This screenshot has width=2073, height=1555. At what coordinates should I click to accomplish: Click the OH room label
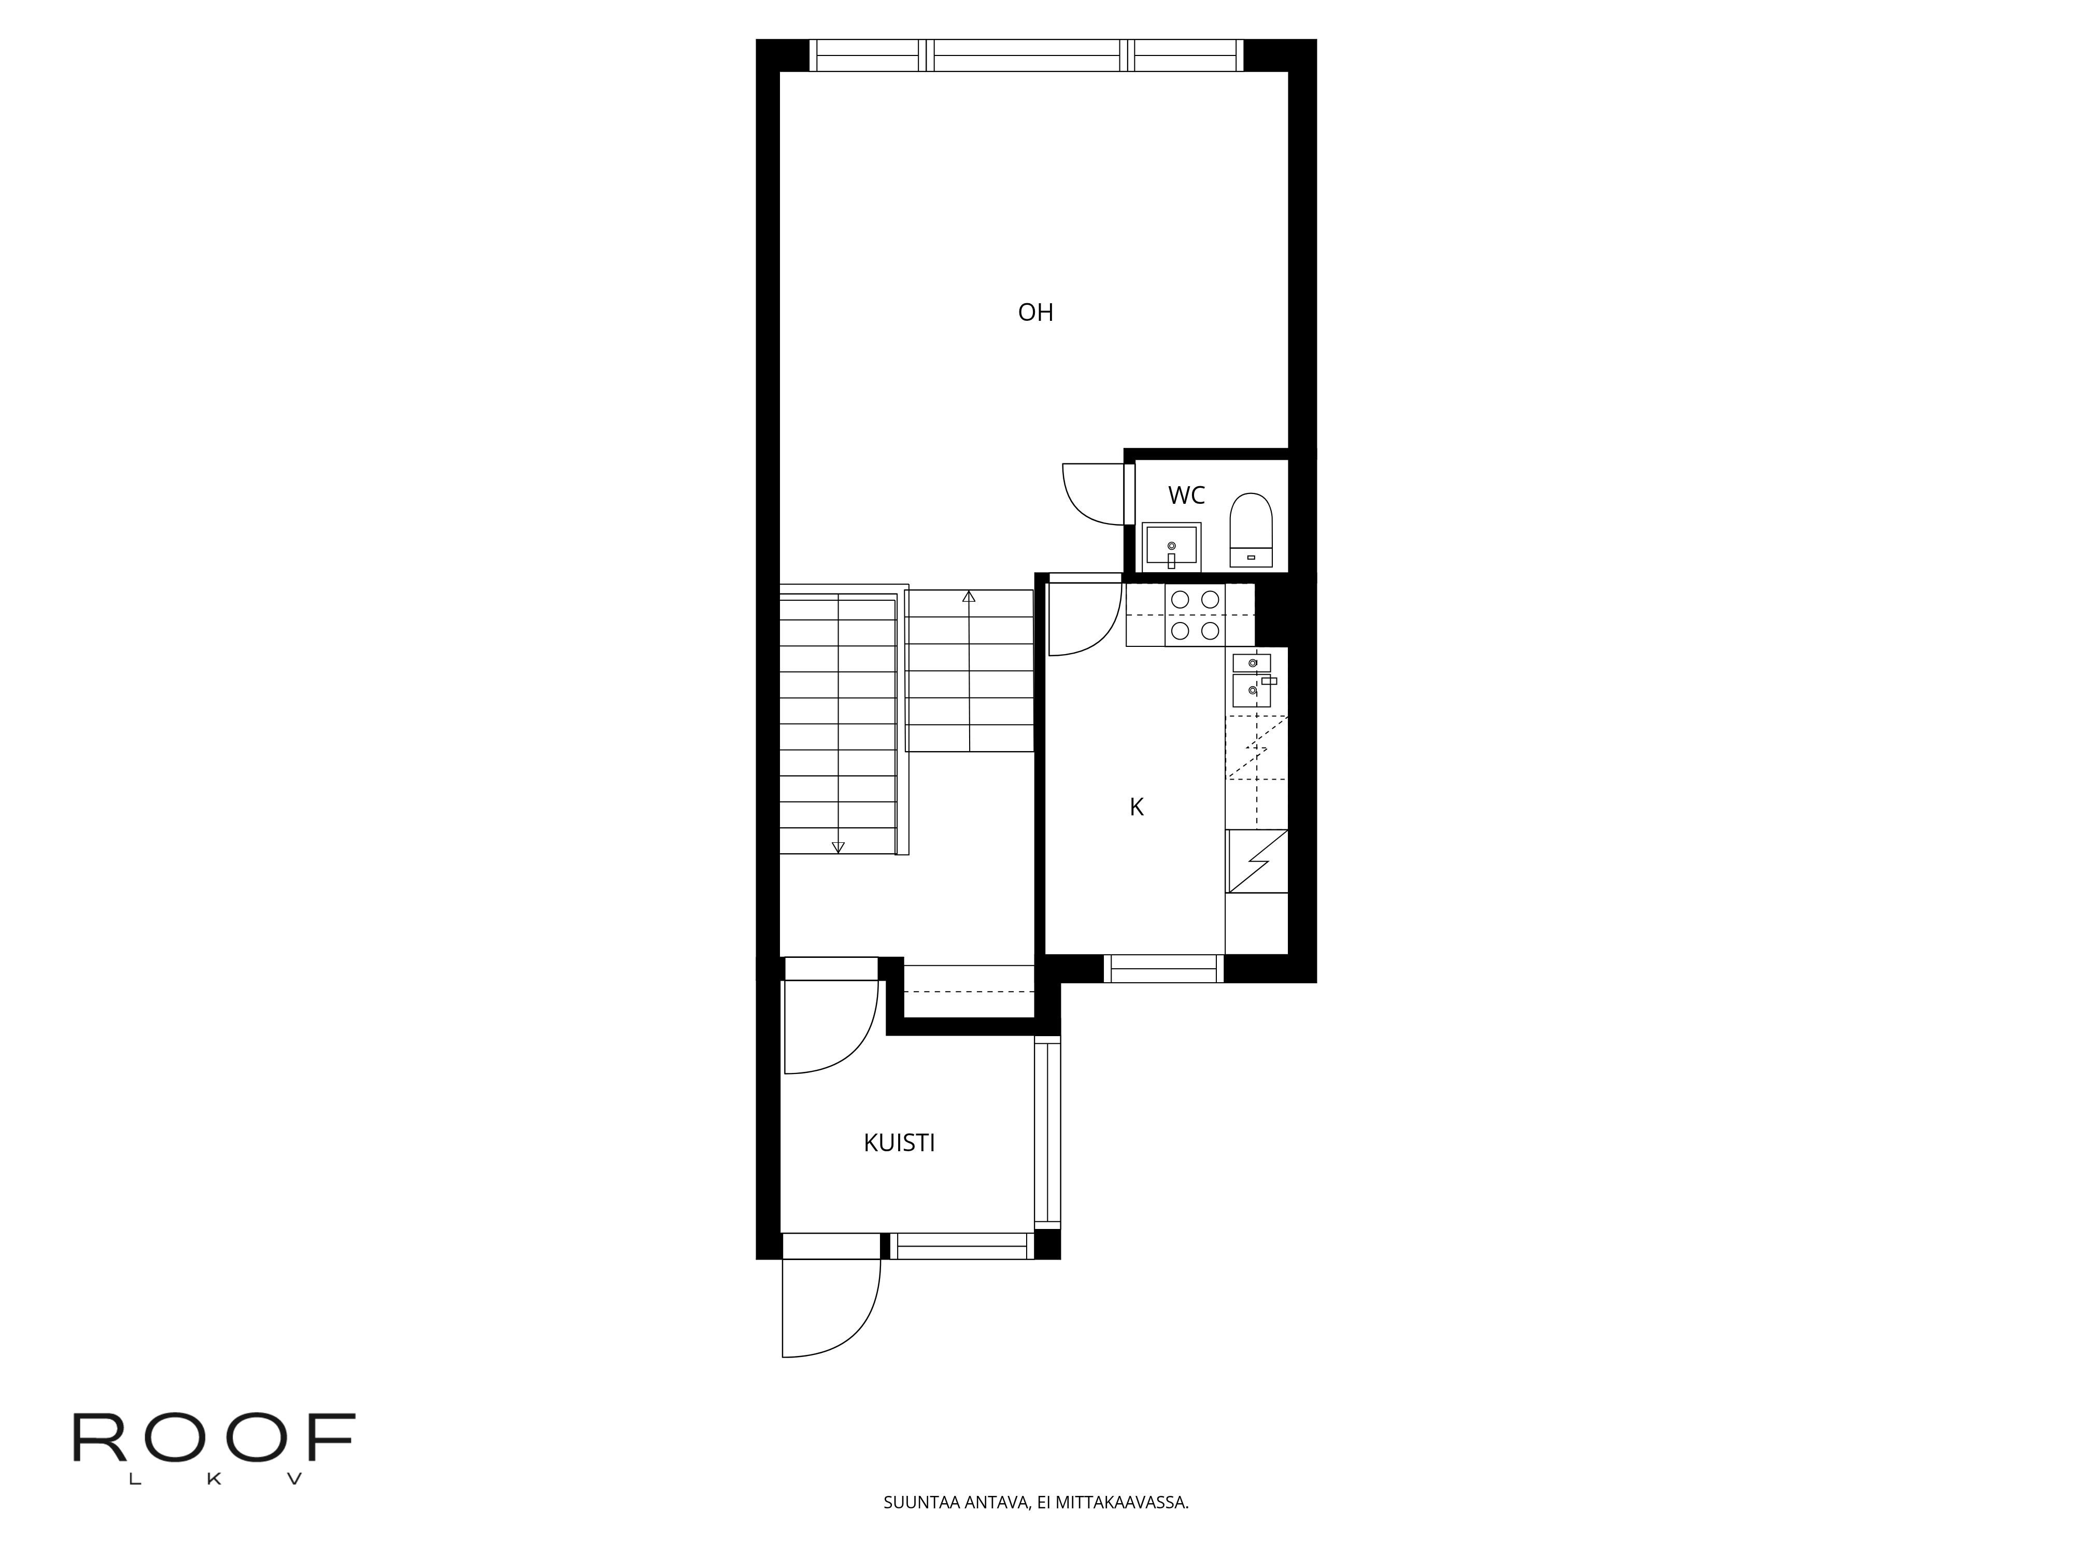1035,312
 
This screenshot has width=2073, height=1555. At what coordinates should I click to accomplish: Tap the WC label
1186,495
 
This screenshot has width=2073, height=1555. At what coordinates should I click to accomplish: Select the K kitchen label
1137,807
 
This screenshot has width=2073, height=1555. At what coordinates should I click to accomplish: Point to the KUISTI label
900,1142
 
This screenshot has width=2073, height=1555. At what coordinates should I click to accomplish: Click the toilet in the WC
1251,531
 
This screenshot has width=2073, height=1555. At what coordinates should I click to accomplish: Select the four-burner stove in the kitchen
1195,615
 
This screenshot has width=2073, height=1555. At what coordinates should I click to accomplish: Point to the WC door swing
1078,506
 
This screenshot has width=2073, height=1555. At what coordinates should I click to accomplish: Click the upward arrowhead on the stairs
969,596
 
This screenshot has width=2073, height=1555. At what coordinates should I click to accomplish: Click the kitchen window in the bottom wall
1163,968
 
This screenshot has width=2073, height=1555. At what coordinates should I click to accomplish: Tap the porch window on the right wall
1048,1132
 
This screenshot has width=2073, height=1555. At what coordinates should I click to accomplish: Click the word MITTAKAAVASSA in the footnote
1122,1529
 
